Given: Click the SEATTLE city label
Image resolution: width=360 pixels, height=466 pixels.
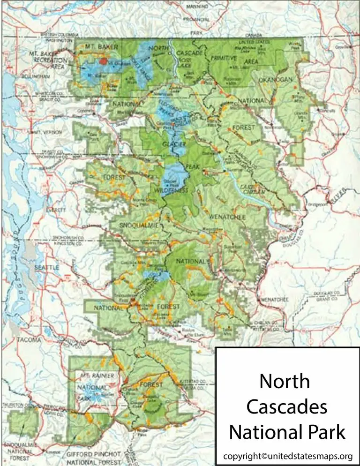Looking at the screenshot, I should (x=46, y=267).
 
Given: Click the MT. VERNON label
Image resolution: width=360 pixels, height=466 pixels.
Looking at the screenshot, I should (x=47, y=133).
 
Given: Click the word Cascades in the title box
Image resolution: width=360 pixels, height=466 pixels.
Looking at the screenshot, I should (x=286, y=407).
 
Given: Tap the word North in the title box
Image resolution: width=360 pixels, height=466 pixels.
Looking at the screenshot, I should (x=285, y=382).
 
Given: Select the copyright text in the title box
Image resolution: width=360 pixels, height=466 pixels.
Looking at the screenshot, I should (x=287, y=456).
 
